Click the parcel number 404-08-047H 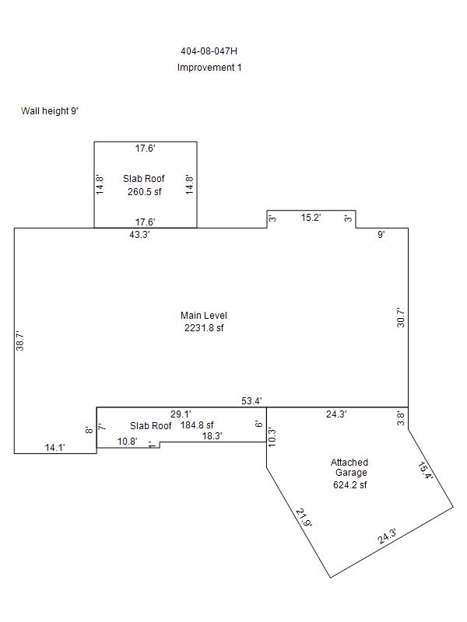(x=209, y=51)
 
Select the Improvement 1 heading (x=209, y=68)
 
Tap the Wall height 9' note (x=50, y=111)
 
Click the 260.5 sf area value (x=145, y=192)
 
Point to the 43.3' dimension (x=139, y=235)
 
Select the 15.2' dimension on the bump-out (x=311, y=218)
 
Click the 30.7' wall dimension (x=401, y=317)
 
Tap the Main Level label (x=204, y=316)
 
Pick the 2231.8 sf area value (x=204, y=328)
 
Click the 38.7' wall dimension (x=20, y=341)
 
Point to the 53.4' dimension (x=251, y=401)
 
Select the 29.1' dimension (x=181, y=414)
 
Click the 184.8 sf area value (x=197, y=425)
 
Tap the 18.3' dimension (x=212, y=436)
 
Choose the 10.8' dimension (x=128, y=441)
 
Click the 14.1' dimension (x=54, y=448)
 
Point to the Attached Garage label (x=349, y=467)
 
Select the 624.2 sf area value (x=350, y=484)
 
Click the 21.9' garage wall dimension (x=304, y=518)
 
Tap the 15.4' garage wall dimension (x=425, y=470)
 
